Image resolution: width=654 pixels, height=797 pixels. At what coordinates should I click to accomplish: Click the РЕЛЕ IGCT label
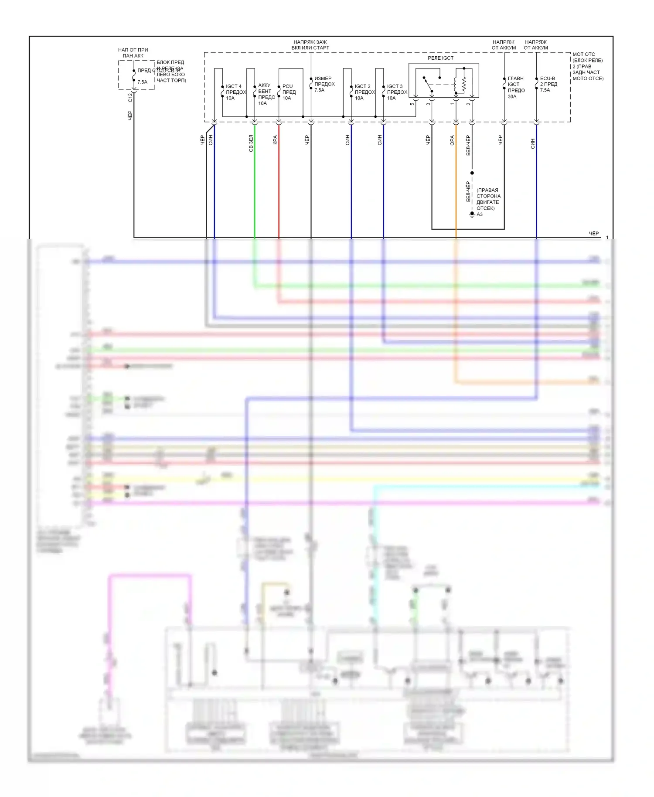tap(440, 58)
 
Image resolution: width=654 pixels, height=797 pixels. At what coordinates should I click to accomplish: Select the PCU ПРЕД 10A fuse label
tap(289, 92)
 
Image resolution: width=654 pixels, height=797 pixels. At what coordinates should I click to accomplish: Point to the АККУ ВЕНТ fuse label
tap(266, 94)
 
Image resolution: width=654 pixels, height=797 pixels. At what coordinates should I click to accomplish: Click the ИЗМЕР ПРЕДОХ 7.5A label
tap(324, 84)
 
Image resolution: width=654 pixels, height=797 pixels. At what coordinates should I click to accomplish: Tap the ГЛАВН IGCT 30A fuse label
tap(516, 87)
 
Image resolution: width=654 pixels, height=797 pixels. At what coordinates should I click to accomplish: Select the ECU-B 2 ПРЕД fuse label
tap(548, 84)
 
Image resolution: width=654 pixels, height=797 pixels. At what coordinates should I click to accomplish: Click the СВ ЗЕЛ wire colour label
tap(251, 143)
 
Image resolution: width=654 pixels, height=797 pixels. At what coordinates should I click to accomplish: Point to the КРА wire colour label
tap(275, 140)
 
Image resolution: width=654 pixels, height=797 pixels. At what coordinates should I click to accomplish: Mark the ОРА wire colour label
tap(452, 140)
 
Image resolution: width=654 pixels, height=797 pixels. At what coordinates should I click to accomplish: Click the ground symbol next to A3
tap(472, 215)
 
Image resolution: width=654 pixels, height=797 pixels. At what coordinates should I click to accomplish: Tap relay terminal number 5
tap(412, 104)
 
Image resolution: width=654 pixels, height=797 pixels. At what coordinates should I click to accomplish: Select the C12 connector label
tap(130, 98)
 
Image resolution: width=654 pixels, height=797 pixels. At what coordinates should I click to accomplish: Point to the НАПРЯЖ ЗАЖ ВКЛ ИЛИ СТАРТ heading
tap(310, 45)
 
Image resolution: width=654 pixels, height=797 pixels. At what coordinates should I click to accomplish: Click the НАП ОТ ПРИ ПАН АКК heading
tap(133, 53)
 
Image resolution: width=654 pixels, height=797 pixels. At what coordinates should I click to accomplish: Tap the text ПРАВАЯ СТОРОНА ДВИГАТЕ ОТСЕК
tap(488, 199)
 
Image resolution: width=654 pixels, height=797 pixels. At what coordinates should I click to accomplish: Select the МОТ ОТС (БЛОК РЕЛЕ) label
tap(587, 66)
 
